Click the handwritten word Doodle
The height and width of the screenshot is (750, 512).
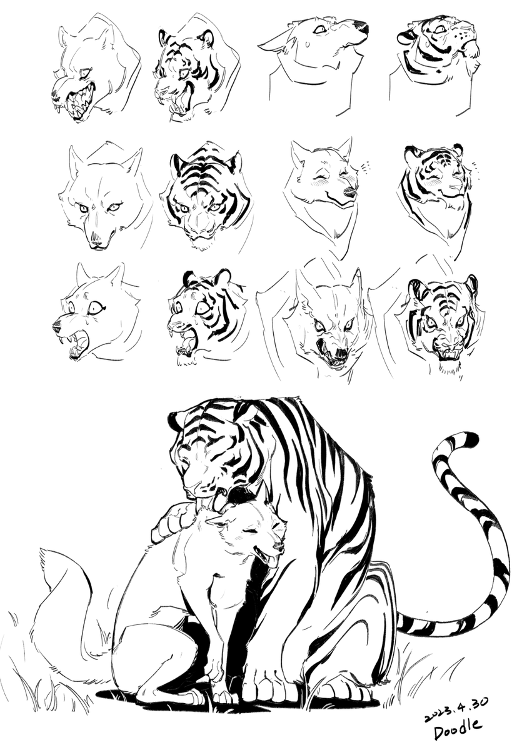(x=458, y=732)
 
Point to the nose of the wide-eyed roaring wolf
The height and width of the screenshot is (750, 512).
(x=57, y=325)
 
